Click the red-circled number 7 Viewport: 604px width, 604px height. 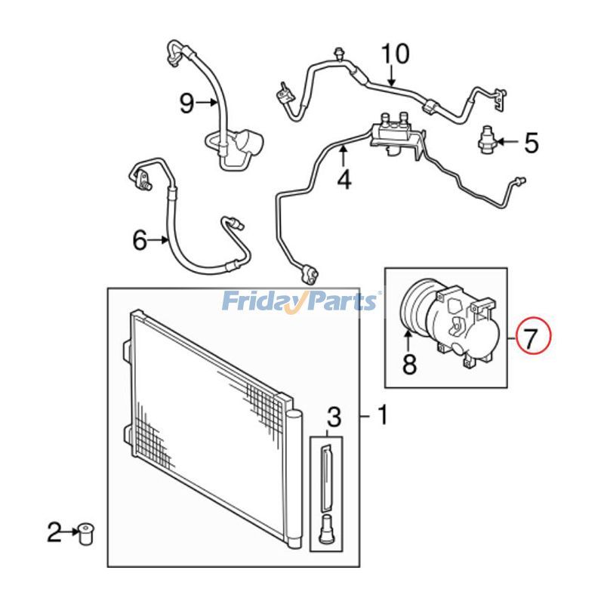coord(533,336)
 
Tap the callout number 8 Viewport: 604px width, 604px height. coord(409,365)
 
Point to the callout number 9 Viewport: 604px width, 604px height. coord(186,103)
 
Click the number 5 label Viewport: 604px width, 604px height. coord(532,142)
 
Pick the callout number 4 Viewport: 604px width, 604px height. coord(344,180)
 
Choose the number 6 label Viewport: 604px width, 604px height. coord(139,241)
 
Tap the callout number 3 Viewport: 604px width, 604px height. coord(334,415)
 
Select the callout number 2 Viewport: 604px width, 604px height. coord(54,534)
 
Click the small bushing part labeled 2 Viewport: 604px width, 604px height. coord(85,535)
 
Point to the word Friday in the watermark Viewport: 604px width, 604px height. coord(260,302)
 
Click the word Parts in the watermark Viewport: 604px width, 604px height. coord(344,302)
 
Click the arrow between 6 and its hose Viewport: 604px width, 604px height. coord(160,241)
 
